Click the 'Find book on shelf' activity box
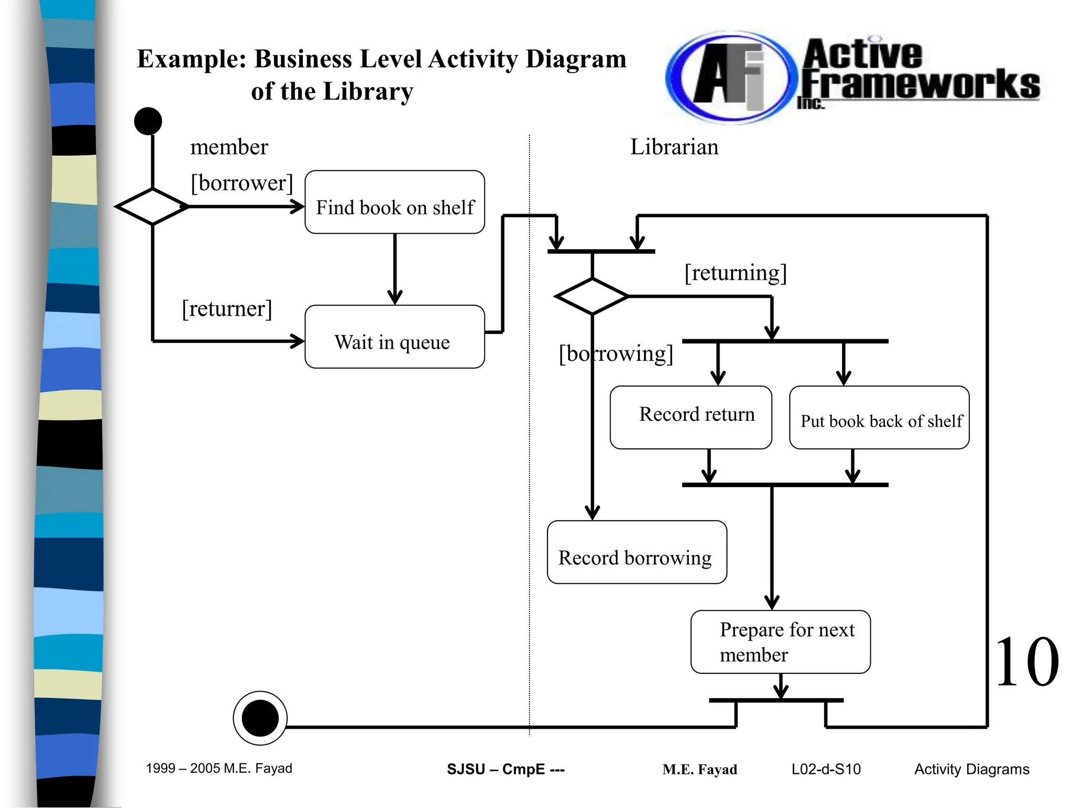coord(394,202)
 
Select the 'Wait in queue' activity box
coord(394,337)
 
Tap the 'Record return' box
coord(690,417)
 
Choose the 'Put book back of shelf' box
coord(879,418)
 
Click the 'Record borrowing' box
coord(636,552)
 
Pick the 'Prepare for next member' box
coord(780,642)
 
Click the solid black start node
coord(148,122)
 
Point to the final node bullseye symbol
coord(260,718)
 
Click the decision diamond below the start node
coord(152,207)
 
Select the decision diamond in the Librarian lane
coord(592,297)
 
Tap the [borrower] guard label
coord(241,183)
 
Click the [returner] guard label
coord(227,309)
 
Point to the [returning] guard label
coord(735,273)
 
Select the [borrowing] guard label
coord(616,353)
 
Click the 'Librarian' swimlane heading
coord(674,147)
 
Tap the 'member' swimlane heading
coord(229,147)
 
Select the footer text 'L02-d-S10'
coord(826,769)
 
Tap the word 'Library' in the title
coord(368,92)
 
